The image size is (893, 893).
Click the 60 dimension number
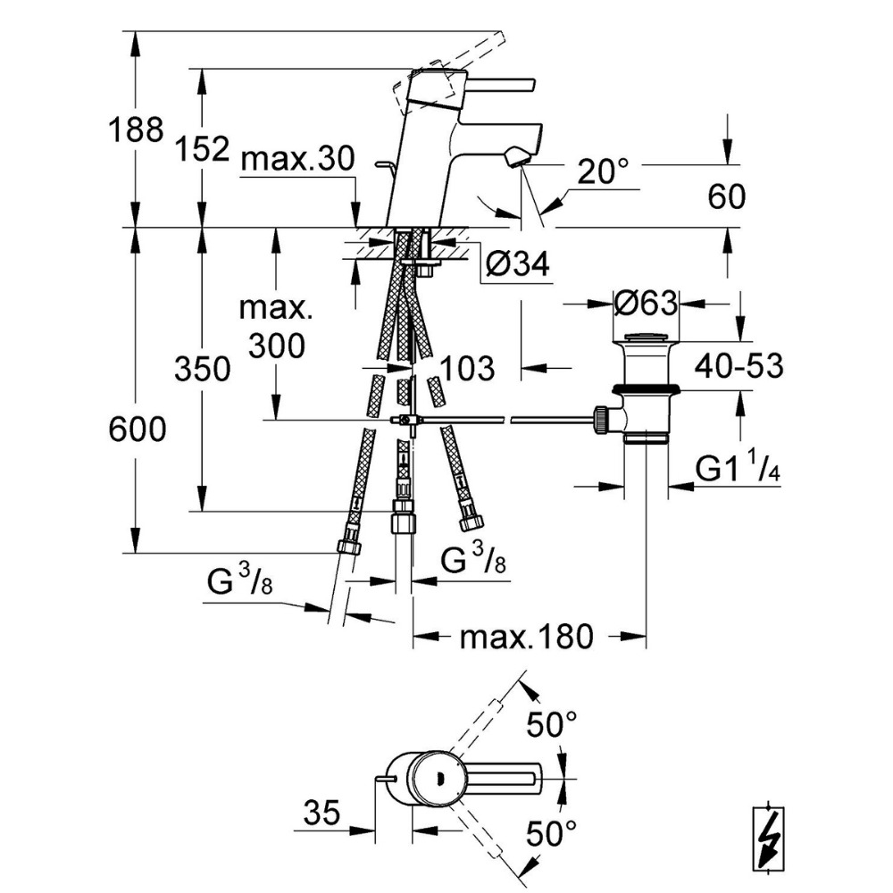(x=726, y=196)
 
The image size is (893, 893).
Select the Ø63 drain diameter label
(x=646, y=304)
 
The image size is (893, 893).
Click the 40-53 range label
(x=739, y=365)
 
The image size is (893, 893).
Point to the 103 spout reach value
(x=465, y=368)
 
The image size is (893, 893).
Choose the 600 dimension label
(x=136, y=430)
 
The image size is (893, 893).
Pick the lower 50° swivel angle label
(x=551, y=836)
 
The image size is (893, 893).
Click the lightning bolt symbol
(x=770, y=839)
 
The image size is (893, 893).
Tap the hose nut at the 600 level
(x=349, y=547)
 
